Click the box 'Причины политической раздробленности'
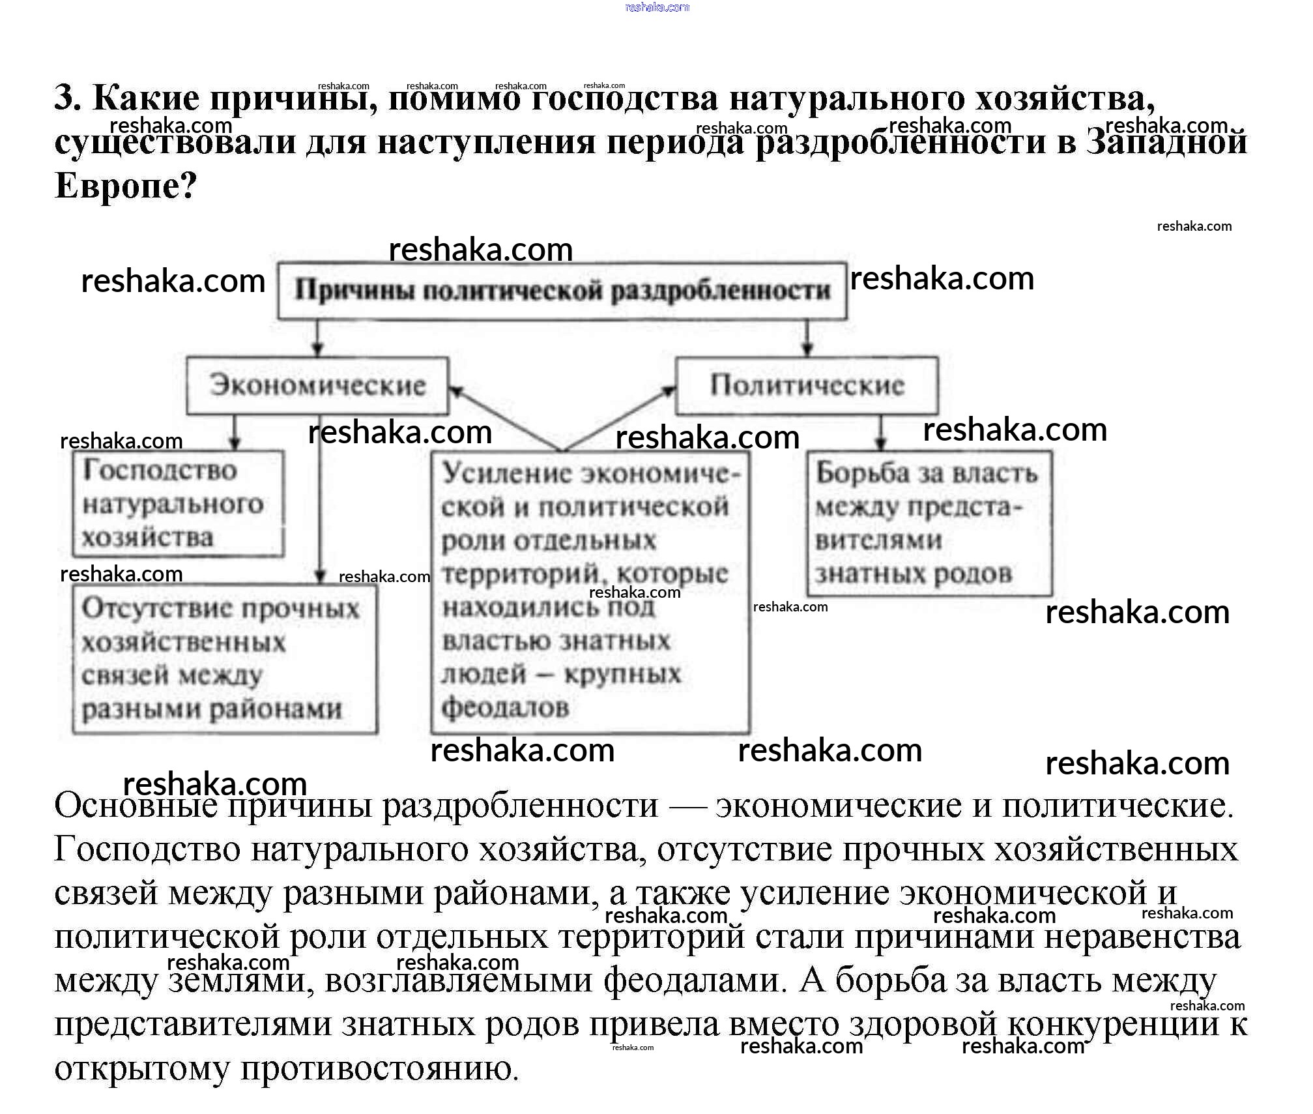tap(562, 291)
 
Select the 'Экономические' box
tap(317, 385)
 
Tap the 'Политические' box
tap(807, 385)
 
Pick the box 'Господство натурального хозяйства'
tap(177, 504)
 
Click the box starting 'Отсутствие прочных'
tap(224, 659)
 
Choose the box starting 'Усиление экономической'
tap(590, 591)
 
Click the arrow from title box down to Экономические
tap(317, 338)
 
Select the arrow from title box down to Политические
tap(807, 338)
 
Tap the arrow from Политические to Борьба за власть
tap(880, 432)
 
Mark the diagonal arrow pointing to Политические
tap(619, 418)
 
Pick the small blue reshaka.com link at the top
tap(656, 7)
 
